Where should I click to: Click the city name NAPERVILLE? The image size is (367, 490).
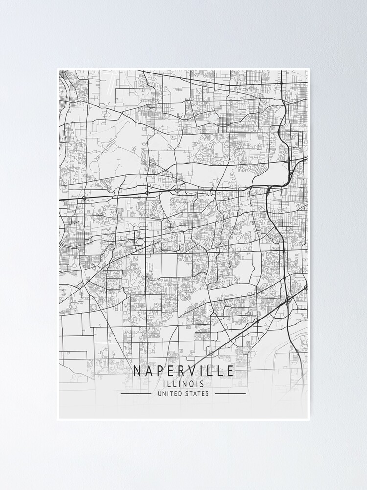[183, 371]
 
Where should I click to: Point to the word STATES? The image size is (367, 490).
[197, 393]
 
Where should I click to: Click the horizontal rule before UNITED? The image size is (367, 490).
[136, 393]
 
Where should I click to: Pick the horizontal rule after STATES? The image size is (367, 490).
[230, 393]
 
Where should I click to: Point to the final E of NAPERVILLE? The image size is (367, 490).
[230, 371]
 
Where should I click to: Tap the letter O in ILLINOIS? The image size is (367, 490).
[194, 384]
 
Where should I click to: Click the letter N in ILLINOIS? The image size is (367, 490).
[186, 384]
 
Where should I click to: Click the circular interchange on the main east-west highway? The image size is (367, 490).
[85, 198]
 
